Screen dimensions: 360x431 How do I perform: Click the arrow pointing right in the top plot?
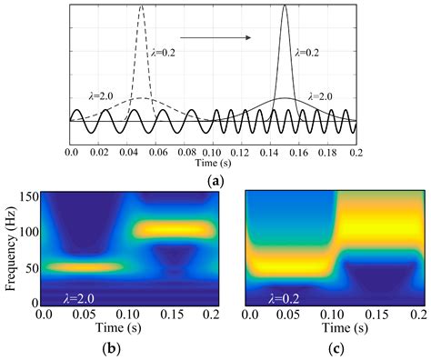tap(215, 37)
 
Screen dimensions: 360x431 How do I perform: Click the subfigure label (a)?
tap(215, 182)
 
